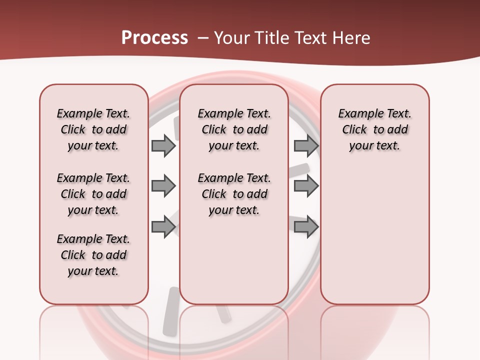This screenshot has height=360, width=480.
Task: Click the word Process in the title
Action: coord(154,38)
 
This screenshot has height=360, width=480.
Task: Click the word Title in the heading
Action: coord(271,38)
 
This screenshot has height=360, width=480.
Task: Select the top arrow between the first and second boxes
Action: coord(163,145)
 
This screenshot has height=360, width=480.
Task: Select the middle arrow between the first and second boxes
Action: coord(163,186)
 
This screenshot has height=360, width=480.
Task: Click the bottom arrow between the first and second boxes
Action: coord(163,226)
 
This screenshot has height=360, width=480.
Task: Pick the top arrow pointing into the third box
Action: coord(306,145)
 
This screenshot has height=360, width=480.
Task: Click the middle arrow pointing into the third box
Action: coord(306,186)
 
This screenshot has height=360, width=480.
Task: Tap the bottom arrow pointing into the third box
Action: coord(306,226)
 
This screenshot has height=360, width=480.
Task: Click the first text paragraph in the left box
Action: coord(93,129)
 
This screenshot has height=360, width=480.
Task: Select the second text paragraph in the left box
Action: coord(93,194)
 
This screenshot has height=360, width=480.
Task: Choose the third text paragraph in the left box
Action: coord(93,255)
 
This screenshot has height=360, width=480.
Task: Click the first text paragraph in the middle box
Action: coord(234,129)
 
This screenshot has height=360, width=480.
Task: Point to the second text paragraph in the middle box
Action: coord(234,194)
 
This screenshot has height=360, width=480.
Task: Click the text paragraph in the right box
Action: coord(374,129)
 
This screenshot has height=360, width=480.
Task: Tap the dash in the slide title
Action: coord(203,38)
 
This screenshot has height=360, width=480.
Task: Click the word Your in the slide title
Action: coord(231,38)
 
